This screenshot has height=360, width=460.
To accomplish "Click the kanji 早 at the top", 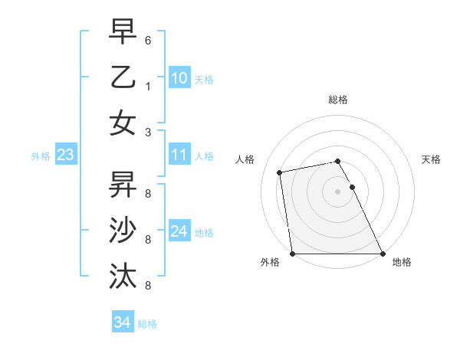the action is [x=123, y=32].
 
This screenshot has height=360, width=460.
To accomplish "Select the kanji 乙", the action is [x=123, y=77].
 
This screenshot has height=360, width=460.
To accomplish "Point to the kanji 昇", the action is [x=123, y=184].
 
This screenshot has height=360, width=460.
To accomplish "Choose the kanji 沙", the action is [x=123, y=230].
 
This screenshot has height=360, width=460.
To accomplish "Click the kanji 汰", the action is [x=123, y=275].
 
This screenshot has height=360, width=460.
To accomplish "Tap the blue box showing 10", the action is [x=179, y=77].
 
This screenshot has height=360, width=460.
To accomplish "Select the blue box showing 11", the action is [x=179, y=155].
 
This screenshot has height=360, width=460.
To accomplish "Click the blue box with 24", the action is [x=179, y=231].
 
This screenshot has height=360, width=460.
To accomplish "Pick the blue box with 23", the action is [x=66, y=155].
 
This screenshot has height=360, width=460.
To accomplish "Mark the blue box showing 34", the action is [x=122, y=322].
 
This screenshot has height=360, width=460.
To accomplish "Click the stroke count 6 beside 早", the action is [x=147, y=41].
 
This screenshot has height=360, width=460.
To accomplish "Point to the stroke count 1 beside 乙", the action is [x=147, y=87].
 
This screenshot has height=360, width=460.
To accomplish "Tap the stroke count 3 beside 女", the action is [x=147, y=132].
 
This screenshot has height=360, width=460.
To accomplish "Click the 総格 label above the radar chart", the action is [x=338, y=100].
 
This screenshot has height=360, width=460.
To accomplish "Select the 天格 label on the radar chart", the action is [x=432, y=159].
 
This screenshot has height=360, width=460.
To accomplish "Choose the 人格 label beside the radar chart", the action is [x=245, y=159].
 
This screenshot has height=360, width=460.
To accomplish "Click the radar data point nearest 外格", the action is [x=292, y=254].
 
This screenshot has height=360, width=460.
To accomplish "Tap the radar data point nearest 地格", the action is [x=383, y=254].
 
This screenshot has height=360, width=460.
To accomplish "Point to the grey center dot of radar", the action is [x=337, y=191].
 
